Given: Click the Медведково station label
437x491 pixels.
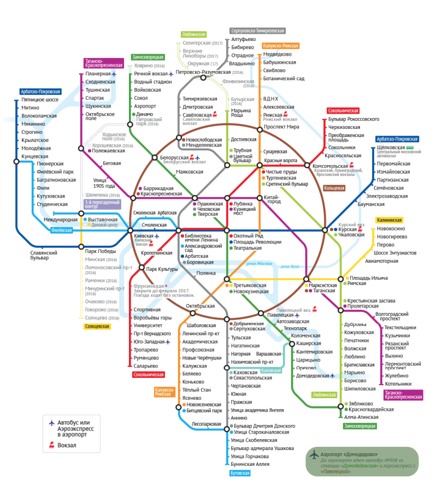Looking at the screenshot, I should [277, 54].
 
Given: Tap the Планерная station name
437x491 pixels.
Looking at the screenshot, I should [98, 74].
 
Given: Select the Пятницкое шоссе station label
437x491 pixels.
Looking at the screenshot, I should [40, 100].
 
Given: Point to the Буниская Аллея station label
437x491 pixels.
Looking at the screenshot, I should [250, 464].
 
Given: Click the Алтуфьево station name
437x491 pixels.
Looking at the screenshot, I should [244, 39].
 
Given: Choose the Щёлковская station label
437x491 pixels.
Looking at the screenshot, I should [391, 147].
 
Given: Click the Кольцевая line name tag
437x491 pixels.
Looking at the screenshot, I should [335, 188].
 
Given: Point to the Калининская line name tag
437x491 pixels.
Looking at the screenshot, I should [389, 220].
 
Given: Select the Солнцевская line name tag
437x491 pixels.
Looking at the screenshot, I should [97, 327].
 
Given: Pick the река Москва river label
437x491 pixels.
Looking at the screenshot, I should [259, 264].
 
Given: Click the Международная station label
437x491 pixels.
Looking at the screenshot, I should [61, 220].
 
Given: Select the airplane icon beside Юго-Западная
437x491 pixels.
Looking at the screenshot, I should [169, 342].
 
